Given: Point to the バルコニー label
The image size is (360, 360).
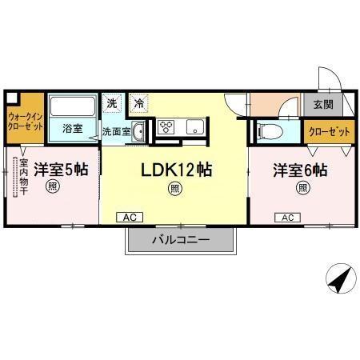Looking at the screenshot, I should click(x=181, y=239).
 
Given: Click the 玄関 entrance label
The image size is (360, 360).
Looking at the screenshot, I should click(x=323, y=105).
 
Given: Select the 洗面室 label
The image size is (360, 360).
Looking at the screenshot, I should click(x=116, y=131).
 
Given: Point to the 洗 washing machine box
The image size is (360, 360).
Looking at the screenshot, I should click(x=113, y=102).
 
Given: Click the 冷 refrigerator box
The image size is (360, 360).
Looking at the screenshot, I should click(x=138, y=102).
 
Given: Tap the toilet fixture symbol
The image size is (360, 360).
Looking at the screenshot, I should click(x=270, y=130).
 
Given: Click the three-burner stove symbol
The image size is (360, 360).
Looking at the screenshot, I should click(x=167, y=126).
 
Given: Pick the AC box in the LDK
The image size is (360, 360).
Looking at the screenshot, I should click(x=128, y=217).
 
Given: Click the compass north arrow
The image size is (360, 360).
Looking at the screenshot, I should click(x=338, y=279).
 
